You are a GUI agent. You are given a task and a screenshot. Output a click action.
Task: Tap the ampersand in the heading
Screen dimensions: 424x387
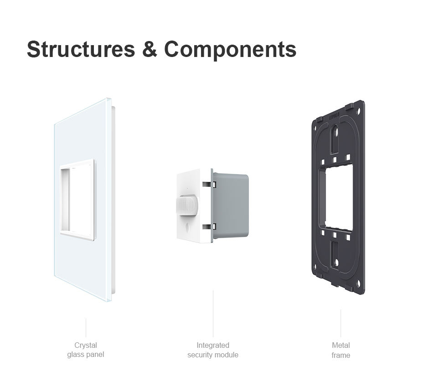[150, 49]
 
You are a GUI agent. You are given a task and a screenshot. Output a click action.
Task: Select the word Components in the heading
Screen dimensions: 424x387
[230, 50]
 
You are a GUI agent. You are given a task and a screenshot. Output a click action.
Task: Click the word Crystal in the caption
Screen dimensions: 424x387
[85, 346]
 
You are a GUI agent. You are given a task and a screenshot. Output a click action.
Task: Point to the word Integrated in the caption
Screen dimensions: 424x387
[213, 346]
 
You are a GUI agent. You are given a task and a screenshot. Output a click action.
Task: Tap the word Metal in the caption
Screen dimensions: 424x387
[341, 346]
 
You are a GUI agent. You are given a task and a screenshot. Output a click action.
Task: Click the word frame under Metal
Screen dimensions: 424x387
[341, 355]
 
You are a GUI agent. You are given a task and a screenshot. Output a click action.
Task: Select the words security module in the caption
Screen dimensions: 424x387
[213, 355]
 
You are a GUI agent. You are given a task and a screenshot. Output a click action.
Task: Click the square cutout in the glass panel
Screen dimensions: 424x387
[78, 200]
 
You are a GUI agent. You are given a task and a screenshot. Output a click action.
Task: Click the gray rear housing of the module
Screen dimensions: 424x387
[230, 206]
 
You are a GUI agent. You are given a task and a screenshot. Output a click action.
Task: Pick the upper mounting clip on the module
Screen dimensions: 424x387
[209, 184]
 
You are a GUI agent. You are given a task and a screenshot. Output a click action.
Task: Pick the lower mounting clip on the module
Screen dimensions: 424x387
[209, 227]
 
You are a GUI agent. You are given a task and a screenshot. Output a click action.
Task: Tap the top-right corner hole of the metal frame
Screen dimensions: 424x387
[359, 110]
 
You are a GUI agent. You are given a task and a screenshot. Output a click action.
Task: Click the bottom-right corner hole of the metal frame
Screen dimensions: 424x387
[359, 284]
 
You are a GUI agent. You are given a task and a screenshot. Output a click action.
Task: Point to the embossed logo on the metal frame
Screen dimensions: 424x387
[335, 117]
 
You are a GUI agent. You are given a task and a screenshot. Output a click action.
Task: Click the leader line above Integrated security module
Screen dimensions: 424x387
[213, 314]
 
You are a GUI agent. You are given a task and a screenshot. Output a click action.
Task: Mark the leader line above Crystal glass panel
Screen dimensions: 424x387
[86, 327]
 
